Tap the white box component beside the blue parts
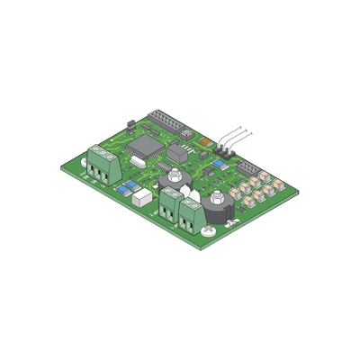[141, 199]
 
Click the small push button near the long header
[186, 133]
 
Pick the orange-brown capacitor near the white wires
[205, 141]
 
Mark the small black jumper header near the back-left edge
[130, 123]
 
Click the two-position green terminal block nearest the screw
[191, 217]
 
